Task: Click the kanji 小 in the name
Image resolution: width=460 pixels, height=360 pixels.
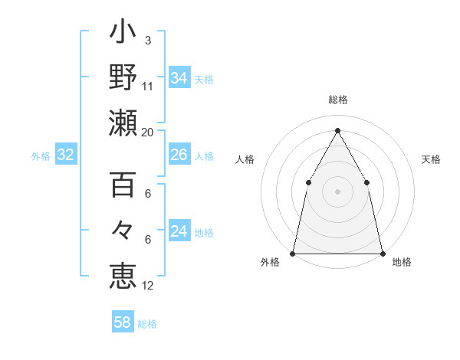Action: [123, 32]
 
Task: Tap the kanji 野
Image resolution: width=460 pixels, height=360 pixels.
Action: [123, 77]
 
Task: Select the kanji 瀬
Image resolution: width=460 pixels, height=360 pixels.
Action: [123, 123]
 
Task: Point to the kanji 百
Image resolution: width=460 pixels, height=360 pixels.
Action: [123, 185]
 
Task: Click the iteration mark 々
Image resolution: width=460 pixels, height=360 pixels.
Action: [123, 230]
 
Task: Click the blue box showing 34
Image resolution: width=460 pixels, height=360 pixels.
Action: [179, 78]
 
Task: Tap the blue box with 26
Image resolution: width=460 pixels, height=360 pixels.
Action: [179, 155]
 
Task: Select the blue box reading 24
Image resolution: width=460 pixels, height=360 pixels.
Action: [179, 231]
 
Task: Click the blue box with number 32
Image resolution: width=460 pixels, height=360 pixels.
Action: [66, 155]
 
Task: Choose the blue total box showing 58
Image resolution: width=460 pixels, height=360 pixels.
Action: [123, 322]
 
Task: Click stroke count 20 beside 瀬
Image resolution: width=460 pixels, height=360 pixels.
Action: [148, 133]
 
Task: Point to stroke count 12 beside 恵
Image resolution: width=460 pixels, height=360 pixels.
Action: [148, 285]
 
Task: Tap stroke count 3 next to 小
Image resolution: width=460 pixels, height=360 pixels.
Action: [148, 40]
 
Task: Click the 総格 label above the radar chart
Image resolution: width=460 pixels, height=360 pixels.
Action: [337, 100]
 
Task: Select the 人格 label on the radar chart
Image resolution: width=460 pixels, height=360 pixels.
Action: [245, 159]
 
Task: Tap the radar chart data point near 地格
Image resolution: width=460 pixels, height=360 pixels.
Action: [382, 253]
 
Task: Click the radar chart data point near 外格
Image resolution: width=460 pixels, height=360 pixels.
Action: [293, 253]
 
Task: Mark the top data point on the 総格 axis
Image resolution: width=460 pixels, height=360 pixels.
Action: [337, 130]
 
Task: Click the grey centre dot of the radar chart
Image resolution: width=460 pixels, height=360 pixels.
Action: [337, 191]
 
